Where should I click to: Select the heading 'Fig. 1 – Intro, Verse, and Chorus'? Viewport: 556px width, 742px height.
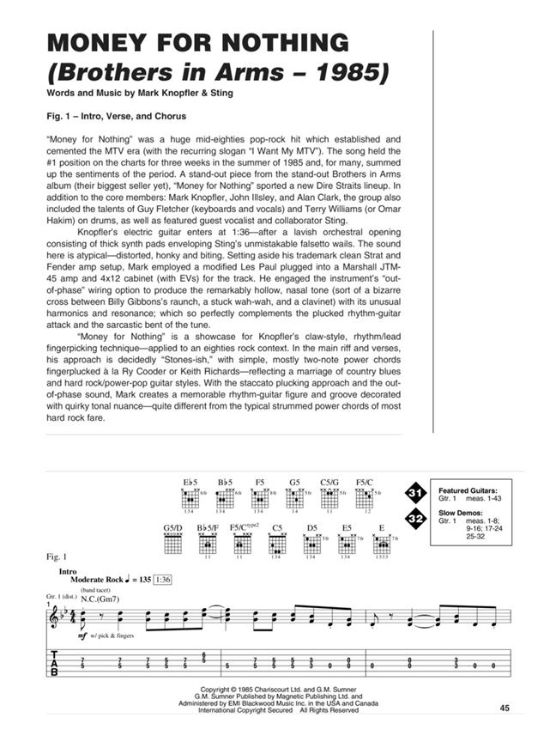pyautogui.click(x=118, y=115)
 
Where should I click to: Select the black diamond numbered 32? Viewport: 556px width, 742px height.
pyautogui.click(x=416, y=519)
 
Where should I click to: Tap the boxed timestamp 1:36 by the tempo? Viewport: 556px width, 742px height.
pyautogui.click(x=164, y=580)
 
